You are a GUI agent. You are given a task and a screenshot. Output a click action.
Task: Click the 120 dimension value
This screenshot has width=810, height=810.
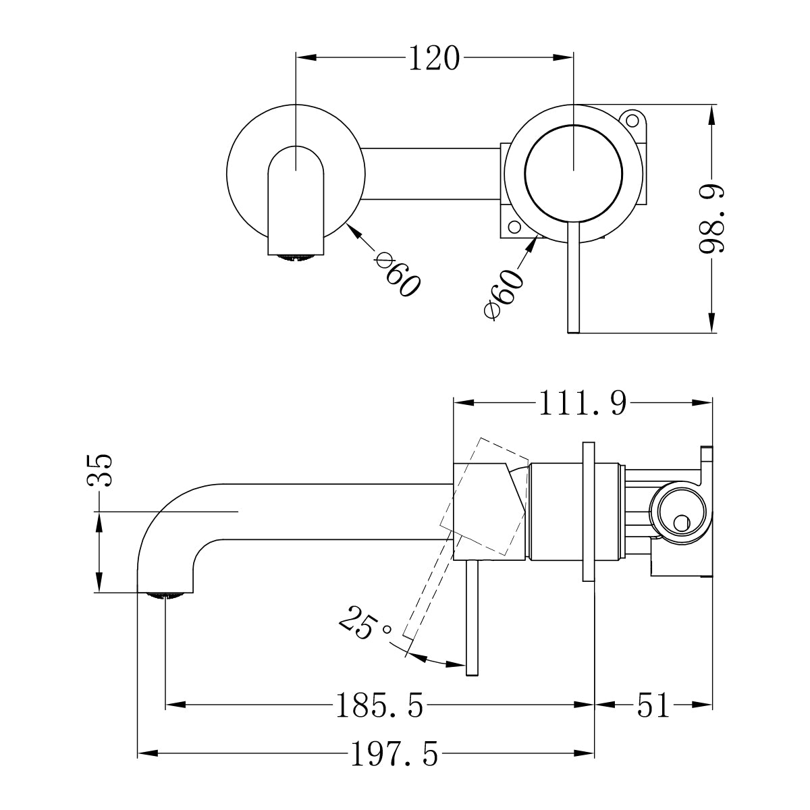pos(433,59)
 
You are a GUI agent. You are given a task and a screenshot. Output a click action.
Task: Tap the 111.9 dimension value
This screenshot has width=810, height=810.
pos(582,404)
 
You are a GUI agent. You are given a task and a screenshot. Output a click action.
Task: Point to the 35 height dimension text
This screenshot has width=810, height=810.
pos(101,470)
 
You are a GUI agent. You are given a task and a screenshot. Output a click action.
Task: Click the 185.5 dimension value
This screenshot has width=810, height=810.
pos(379,707)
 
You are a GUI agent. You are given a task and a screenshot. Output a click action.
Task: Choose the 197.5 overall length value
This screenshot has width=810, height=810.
pos(394,754)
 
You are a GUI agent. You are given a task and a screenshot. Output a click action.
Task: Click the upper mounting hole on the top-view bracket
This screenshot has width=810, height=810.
pos(633,122)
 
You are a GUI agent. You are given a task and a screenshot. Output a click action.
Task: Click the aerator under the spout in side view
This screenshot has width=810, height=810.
pos(165,595)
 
